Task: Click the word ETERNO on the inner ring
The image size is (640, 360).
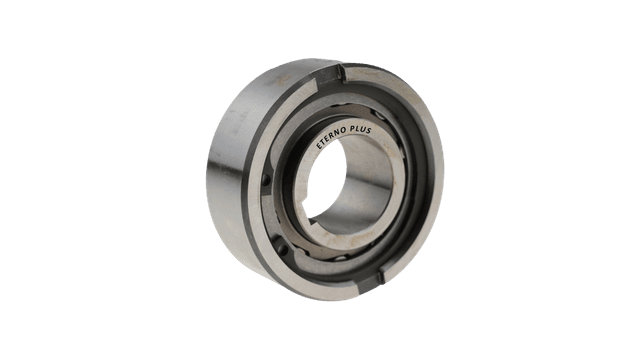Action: [331, 138]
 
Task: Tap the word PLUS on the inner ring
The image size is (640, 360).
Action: [360, 130]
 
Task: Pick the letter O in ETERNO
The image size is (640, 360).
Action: [344, 131]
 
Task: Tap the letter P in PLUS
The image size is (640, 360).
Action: [352, 129]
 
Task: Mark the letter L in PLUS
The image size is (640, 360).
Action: [357, 129]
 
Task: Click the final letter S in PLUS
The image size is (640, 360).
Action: [369, 131]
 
